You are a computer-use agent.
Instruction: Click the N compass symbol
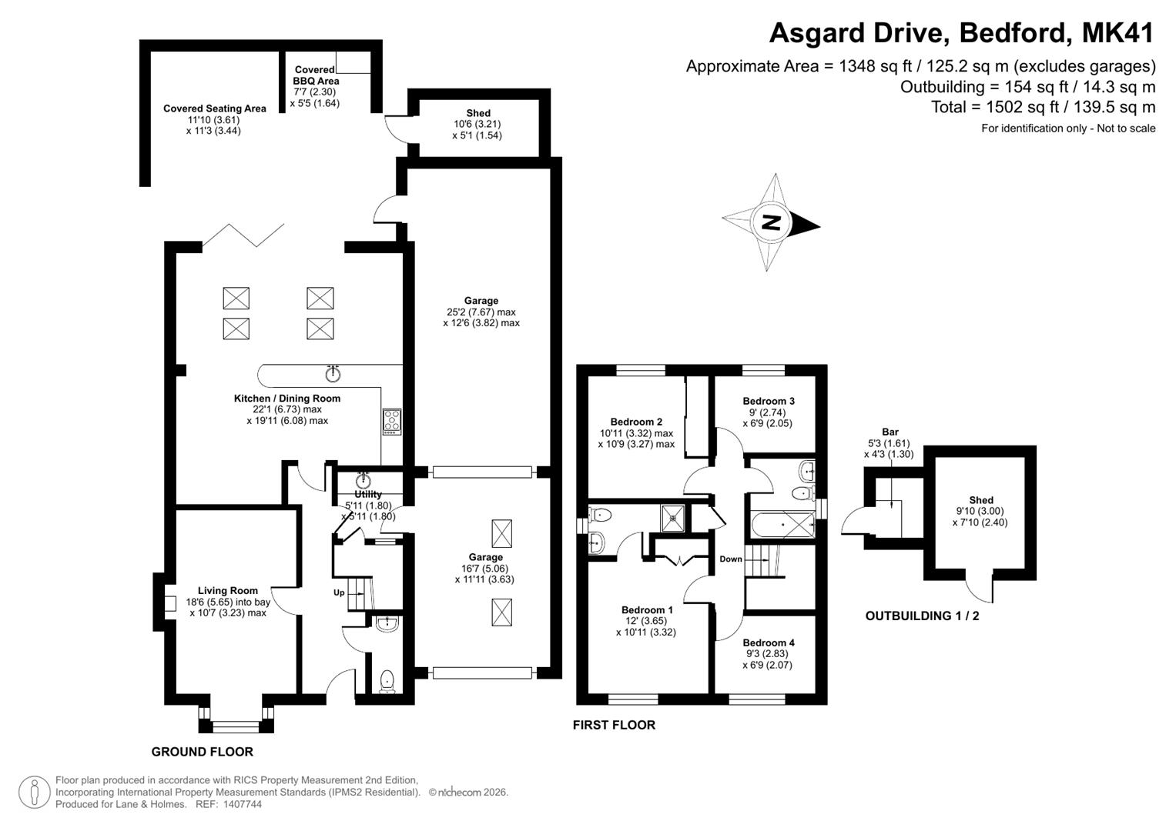(771, 222)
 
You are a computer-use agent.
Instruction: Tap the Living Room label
(227, 591)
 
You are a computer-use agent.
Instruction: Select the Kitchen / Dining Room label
(287, 399)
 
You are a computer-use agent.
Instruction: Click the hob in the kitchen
(392, 422)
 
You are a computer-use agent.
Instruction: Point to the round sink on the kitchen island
(333, 373)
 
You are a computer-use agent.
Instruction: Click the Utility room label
(368, 494)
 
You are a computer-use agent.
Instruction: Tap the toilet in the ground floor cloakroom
(387, 682)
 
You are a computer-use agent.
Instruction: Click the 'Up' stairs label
(339, 592)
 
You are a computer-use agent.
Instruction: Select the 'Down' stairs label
(731, 559)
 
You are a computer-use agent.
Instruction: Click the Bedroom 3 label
(769, 402)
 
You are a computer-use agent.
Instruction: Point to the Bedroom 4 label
(769, 642)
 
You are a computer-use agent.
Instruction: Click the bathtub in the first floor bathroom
(782, 525)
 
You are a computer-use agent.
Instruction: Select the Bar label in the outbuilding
(890, 432)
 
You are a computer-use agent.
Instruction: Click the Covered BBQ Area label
(315, 75)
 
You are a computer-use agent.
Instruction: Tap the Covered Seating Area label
(215, 108)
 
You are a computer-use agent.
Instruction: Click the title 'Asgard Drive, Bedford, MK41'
(962, 33)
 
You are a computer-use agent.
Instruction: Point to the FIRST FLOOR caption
(615, 725)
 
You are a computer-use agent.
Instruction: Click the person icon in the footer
(35, 793)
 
